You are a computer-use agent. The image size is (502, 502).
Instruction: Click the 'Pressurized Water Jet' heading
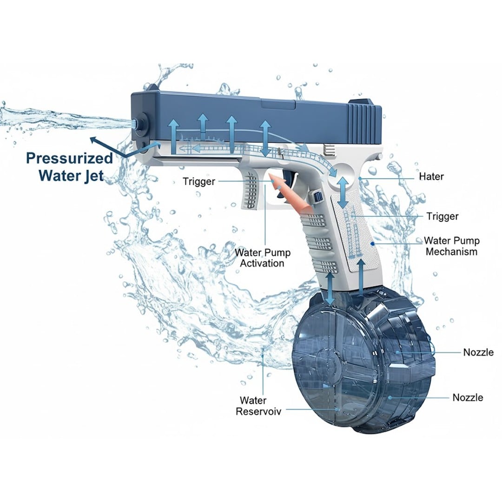coord(69,167)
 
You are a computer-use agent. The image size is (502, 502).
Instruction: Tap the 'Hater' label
coord(431,177)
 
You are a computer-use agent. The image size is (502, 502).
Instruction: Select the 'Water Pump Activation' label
coord(262,258)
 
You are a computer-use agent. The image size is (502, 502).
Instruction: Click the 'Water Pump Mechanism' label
coord(451,246)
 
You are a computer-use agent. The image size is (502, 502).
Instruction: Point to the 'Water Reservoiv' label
coord(259,406)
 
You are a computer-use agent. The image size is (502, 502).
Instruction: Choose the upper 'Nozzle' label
coord(478,352)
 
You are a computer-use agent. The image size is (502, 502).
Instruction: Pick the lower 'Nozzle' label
coord(468,397)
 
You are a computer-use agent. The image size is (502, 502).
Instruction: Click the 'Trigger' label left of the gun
coord(199,182)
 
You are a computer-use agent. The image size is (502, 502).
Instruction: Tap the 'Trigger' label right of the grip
coord(443,217)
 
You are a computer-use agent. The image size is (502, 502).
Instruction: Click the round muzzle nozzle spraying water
coord(140,124)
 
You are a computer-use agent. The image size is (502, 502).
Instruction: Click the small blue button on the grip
coord(317,197)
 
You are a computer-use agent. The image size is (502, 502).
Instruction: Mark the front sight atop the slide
coord(152,87)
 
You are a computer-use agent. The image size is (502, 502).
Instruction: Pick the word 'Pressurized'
coord(69,159)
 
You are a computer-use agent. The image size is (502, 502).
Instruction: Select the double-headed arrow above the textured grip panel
coord(343,193)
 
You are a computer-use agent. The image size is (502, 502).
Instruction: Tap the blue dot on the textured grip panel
coord(372,244)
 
